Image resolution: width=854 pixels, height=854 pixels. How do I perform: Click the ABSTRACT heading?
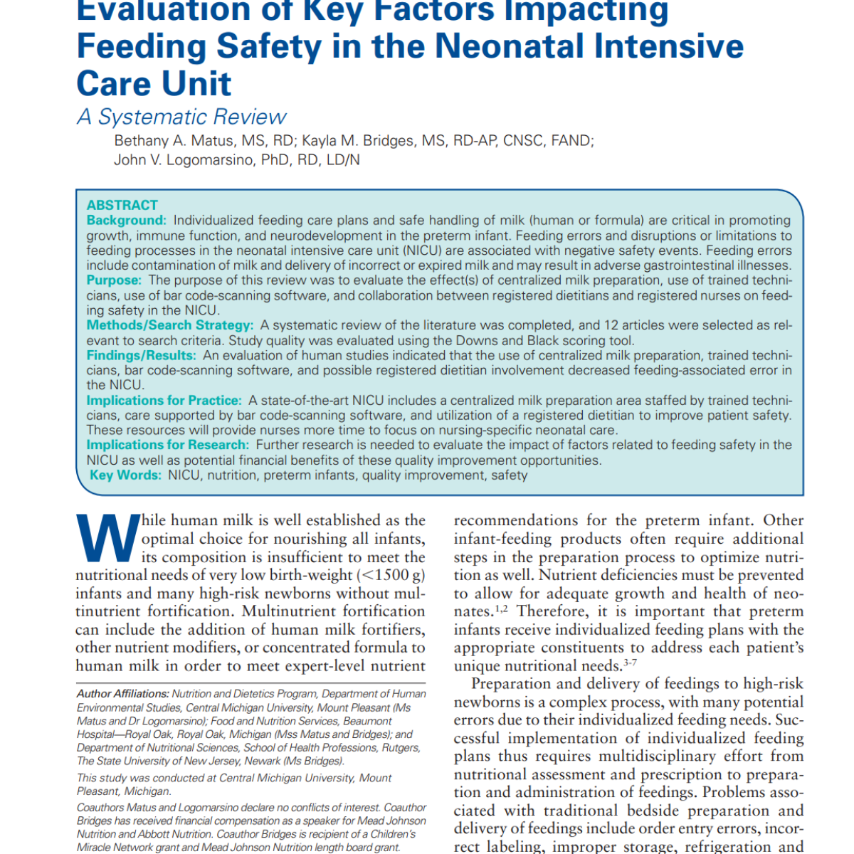pyautogui.click(x=122, y=205)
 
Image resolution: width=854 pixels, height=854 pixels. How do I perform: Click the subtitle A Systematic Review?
pyautogui.click(x=181, y=117)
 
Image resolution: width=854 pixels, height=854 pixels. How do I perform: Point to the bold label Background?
pyautogui.click(x=127, y=221)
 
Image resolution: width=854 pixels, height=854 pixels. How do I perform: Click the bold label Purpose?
pyautogui.click(x=114, y=280)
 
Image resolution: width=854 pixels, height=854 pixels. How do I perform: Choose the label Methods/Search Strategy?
pyautogui.click(x=169, y=325)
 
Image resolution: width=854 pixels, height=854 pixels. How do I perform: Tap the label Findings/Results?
pyautogui.click(x=141, y=355)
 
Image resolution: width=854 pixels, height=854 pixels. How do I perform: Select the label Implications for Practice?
pyautogui.click(x=164, y=401)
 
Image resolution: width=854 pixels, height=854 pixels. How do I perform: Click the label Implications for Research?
pyautogui.click(x=168, y=445)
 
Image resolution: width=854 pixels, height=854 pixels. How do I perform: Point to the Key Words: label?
pyautogui.click(x=125, y=475)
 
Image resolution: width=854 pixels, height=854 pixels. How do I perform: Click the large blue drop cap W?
pyautogui.click(x=107, y=537)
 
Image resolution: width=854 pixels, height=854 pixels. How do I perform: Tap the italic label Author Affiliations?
pyautogui.click(x=122, y=694)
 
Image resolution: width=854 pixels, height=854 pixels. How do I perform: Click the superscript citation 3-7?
pyautogui.click(x=630, y=663)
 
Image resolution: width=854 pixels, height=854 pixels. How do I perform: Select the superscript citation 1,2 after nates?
pyautogui.click(x=501, y=608)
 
